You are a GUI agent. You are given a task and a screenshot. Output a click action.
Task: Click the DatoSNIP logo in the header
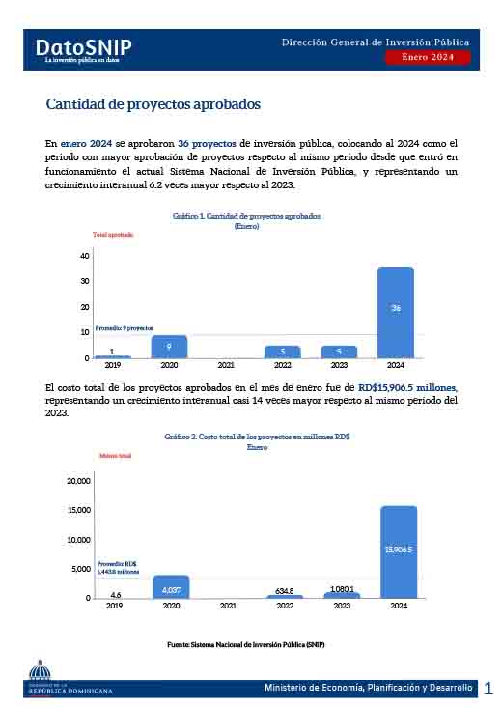tap(83, 49)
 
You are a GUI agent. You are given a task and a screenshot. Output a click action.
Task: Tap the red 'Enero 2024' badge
tap(428, 58)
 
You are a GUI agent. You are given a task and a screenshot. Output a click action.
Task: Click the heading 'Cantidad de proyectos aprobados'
tap(153, 104)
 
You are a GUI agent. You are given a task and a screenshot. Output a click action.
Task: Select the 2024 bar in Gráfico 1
tap(395, 312)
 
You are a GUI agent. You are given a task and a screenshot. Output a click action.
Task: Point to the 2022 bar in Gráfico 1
tap(282, 352)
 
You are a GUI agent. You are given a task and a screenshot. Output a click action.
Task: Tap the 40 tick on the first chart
tap(85, 256)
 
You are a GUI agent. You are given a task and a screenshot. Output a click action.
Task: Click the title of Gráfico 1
tap(246, 217)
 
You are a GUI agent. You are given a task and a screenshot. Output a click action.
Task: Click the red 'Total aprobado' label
tap(113, 235)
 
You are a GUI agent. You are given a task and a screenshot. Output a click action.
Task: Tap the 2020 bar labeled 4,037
tap(171, 587)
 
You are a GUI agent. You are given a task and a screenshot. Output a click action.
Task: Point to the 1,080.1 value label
tap(342, 588)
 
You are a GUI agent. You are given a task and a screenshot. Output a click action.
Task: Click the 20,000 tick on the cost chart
tap(76, 480)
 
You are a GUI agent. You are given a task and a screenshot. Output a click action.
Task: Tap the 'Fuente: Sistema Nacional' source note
tap(254, 643)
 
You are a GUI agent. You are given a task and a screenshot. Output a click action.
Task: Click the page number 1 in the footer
tap(488, 688)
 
